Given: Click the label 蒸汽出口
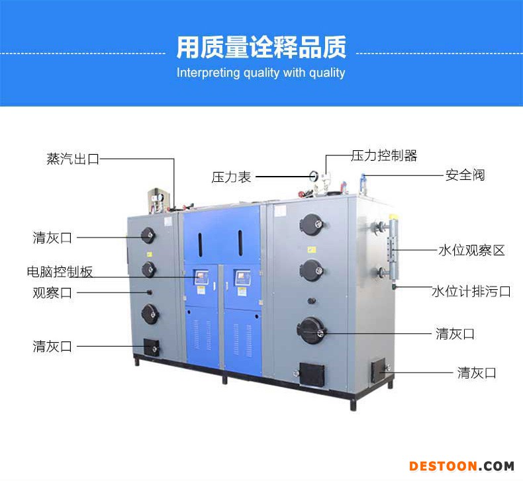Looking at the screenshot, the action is [73, 159].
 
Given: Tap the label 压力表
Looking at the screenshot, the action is [231, 177].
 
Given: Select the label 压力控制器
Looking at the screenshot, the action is [384, 155].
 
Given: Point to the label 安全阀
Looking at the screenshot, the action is [465, 175].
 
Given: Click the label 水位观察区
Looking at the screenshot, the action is [471, 250].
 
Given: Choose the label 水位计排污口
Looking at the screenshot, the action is [471, 291].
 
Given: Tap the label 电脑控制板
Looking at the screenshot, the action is [60, 272].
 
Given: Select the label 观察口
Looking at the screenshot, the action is [52, 292].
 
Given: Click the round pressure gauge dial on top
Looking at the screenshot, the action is [314, 176].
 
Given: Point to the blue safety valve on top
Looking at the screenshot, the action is [363, 183].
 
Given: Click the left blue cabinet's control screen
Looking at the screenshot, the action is [201, 278].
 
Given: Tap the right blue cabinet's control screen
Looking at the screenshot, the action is [243, 278].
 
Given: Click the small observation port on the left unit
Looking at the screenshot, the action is [150, 292].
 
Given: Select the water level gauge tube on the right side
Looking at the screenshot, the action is [393, 248].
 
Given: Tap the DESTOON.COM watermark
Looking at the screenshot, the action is [461, 466].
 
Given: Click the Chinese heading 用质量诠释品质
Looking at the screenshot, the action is [261, 48].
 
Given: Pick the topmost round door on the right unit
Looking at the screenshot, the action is [312, 224].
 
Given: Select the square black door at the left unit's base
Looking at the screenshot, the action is [152, 347].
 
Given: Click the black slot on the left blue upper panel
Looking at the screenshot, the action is [200, 245].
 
